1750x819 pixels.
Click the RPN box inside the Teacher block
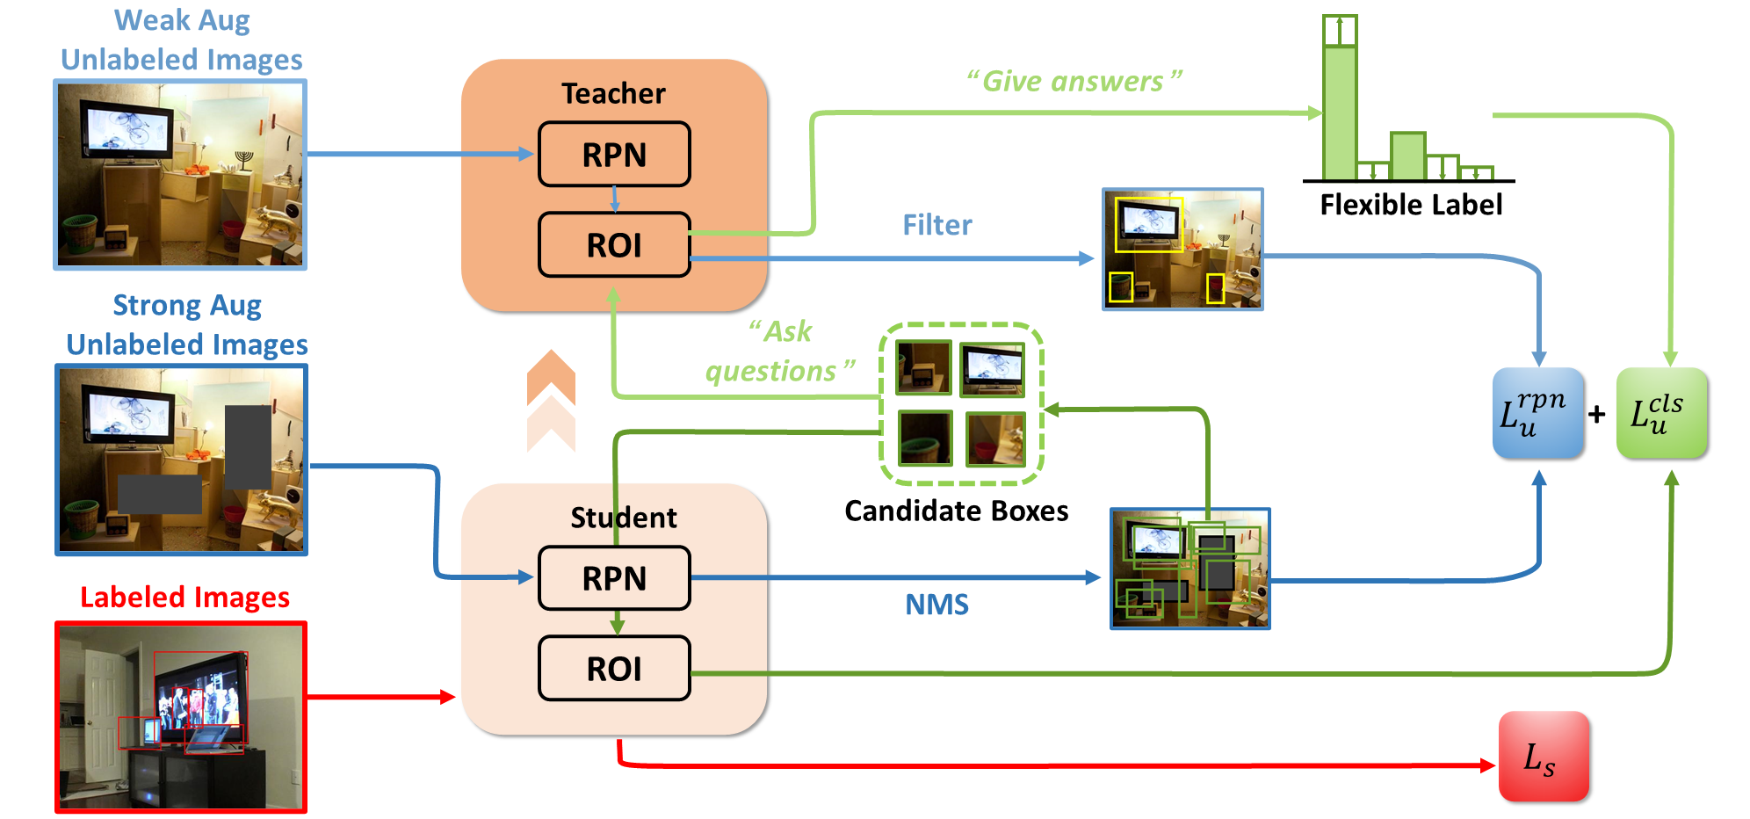tap(614, 155)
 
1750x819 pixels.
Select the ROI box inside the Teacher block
tap(614, 245)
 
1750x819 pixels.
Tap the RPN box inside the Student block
tap(614, 578)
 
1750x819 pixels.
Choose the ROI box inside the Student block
tap(614, 669)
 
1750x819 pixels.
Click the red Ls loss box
tap(1544, 757)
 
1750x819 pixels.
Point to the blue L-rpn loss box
tap(1537, 413)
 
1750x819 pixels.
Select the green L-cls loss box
tap(1661, 413)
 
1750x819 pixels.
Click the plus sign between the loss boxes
tap(1597, 414)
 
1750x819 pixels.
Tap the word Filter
tap(936, 225)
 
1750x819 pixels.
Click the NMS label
tap(936, 605)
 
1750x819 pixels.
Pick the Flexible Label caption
tap(1410, 205)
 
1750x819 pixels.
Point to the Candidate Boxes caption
tap(956, 511)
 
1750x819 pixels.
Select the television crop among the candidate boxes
tap(992, 368)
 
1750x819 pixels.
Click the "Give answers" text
tap(1074, 82)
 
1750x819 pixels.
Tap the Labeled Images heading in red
tap(184, 598)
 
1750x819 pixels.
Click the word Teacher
tap(613, 93)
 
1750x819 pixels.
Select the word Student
tap(623, 518)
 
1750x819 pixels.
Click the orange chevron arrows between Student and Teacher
tap(551, 400)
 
